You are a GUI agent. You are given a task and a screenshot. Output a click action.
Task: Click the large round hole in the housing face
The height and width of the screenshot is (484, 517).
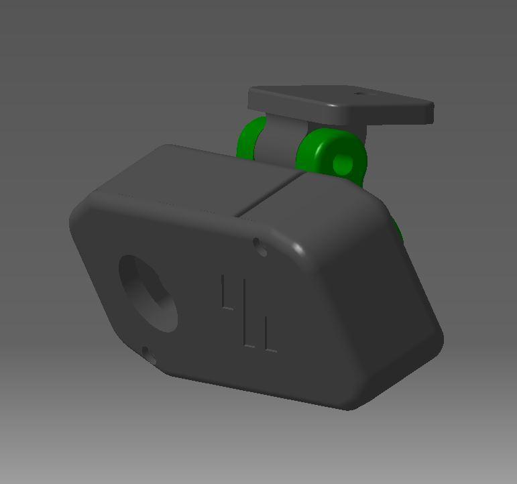pos(148,292)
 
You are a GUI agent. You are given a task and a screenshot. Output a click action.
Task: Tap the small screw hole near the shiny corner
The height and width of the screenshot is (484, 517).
pos(260,247)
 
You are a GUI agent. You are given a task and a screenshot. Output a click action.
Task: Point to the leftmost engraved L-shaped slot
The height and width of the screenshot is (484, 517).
pos(226,293)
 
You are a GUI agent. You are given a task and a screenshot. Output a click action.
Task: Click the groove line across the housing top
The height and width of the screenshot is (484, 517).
pos(268,194)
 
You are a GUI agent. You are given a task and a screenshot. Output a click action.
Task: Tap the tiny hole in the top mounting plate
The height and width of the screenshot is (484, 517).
pos(361,95)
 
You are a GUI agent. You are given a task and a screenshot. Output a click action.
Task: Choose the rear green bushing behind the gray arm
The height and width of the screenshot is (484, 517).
pos(251,139)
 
